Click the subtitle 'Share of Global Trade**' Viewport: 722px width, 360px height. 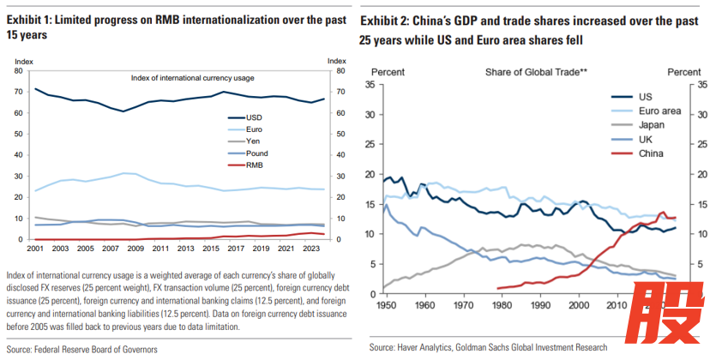(536, 72)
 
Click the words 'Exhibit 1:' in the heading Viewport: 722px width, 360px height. (35, 19)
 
